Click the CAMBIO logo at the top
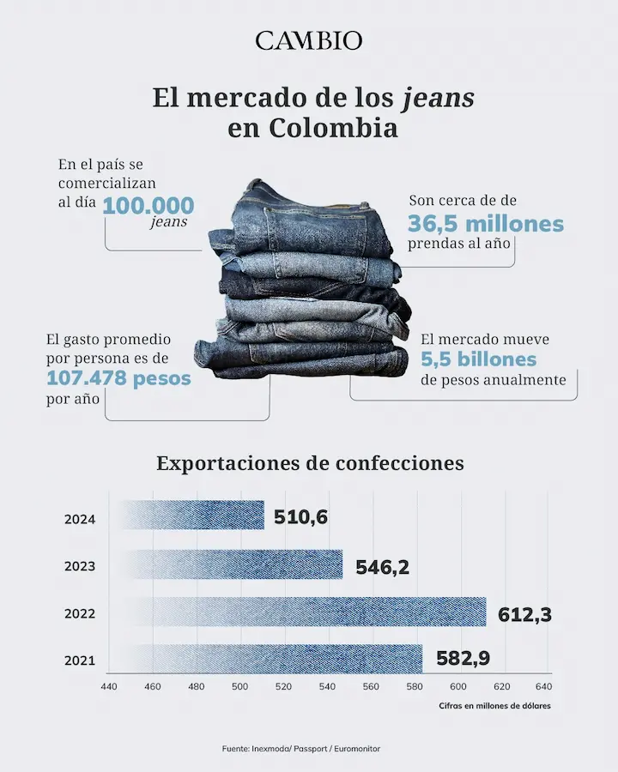click(x=309, y=40)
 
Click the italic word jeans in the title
click(x=438, y=98)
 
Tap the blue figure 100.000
click(x=148, y=206)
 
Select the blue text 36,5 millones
click(x=486, y=224)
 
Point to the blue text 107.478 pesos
click(x=119, y=377)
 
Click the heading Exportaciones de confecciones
click(x=310, y=463)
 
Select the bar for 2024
click(x=193, y=516)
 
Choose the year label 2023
click(x=79, y=566)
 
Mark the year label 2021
click(x=79, y=661)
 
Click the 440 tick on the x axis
click(x=109, y=686)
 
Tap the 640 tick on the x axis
click(x=543, y=686)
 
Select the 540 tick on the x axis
click(x=327, y=686)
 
